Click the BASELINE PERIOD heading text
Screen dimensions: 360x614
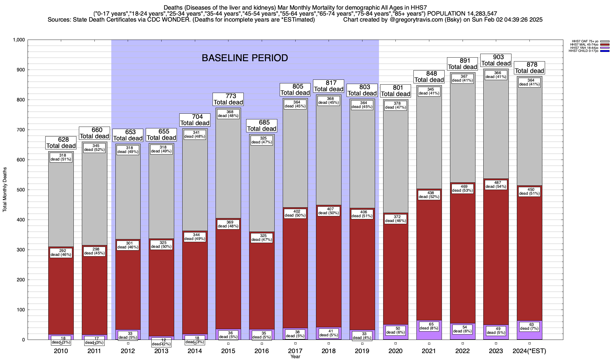tap(245, 58)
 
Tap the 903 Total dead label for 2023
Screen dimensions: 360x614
tap(496, 60)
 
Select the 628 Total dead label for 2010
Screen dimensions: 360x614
tap(61, 143)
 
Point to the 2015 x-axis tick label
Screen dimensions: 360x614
tap(228, 351)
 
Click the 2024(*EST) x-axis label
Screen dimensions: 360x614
tap(529, 351)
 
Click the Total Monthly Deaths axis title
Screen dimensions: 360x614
tap(5, 190)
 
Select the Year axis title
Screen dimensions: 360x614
tap(295, 357)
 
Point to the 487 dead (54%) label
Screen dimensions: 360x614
tap(496, 184)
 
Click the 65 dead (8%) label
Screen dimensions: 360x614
tap(429, 326)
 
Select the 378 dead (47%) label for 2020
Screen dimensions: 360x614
tap(395, 105)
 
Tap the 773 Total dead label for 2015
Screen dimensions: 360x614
tap(228, 99)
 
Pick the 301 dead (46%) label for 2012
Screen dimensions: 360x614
tap(128, 245)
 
